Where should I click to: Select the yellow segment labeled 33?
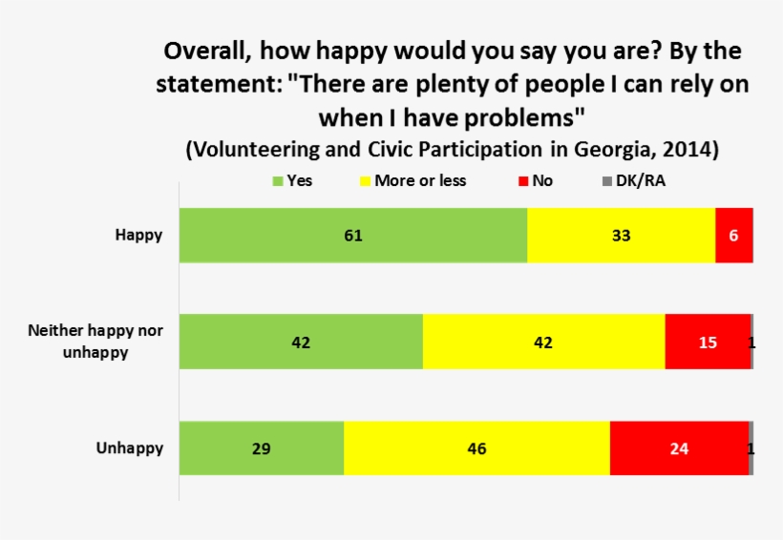(x=621, y=235)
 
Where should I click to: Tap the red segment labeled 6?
(x=733, y=235)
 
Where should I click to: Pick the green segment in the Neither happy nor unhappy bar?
(x=301, y=342)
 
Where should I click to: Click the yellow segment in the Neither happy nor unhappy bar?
(x=543, y=342)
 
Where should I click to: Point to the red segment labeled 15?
(x=708, y=342)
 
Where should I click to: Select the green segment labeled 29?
(x=261, y=447)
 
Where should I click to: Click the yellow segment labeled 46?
(x=476, y=447)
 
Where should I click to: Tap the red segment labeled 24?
(x=679, y=447)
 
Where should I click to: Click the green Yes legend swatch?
(x=278, y=180)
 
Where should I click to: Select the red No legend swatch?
(x=523, y=180)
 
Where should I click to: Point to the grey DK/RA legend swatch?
(x=607, y=180)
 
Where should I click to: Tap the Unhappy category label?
(x=130, y=447)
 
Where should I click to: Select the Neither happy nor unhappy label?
(x=95, y=342)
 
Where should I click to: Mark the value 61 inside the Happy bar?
(x=352, y=235)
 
